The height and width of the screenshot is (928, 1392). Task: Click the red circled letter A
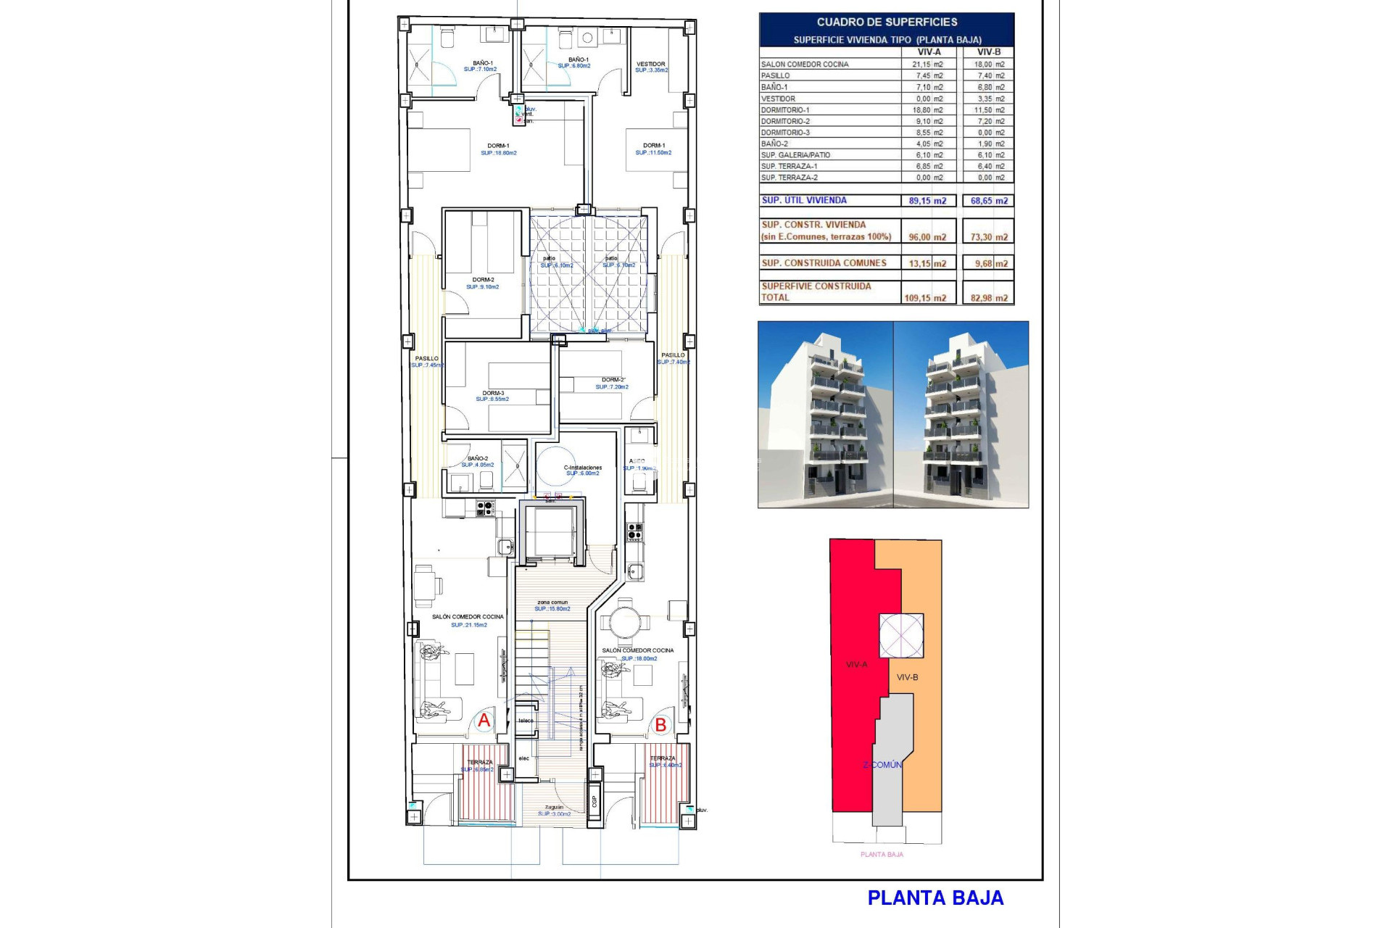coord(484,721)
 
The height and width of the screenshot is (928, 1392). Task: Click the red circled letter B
coord(660,724)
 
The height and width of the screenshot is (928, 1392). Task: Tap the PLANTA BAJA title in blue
coord(935,898)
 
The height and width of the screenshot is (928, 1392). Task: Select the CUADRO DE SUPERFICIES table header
coord(887,22)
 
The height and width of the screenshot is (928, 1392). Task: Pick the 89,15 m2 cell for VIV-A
coord(927,201)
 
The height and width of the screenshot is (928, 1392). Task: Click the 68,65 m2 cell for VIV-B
coord(989,201)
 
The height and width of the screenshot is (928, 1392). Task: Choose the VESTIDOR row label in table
coord(778,99)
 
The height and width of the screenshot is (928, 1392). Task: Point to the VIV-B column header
coord(988,52)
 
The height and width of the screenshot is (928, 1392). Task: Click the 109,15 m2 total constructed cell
coord(925,298)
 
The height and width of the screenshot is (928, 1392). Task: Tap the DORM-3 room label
coord(493,393)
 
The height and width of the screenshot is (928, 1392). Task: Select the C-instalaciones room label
coord(583,468)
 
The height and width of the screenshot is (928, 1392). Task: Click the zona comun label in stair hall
coord(552,602)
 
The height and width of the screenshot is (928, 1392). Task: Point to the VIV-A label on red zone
coord(856,664)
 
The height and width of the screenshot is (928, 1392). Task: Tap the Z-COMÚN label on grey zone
coord(882,765)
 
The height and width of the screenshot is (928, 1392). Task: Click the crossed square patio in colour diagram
coord(901,636)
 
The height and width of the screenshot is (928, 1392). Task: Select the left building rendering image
coord(825,414)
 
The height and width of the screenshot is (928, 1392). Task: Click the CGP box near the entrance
coord(594,800)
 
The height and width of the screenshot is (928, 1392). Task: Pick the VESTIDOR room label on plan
coord(651,65)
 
